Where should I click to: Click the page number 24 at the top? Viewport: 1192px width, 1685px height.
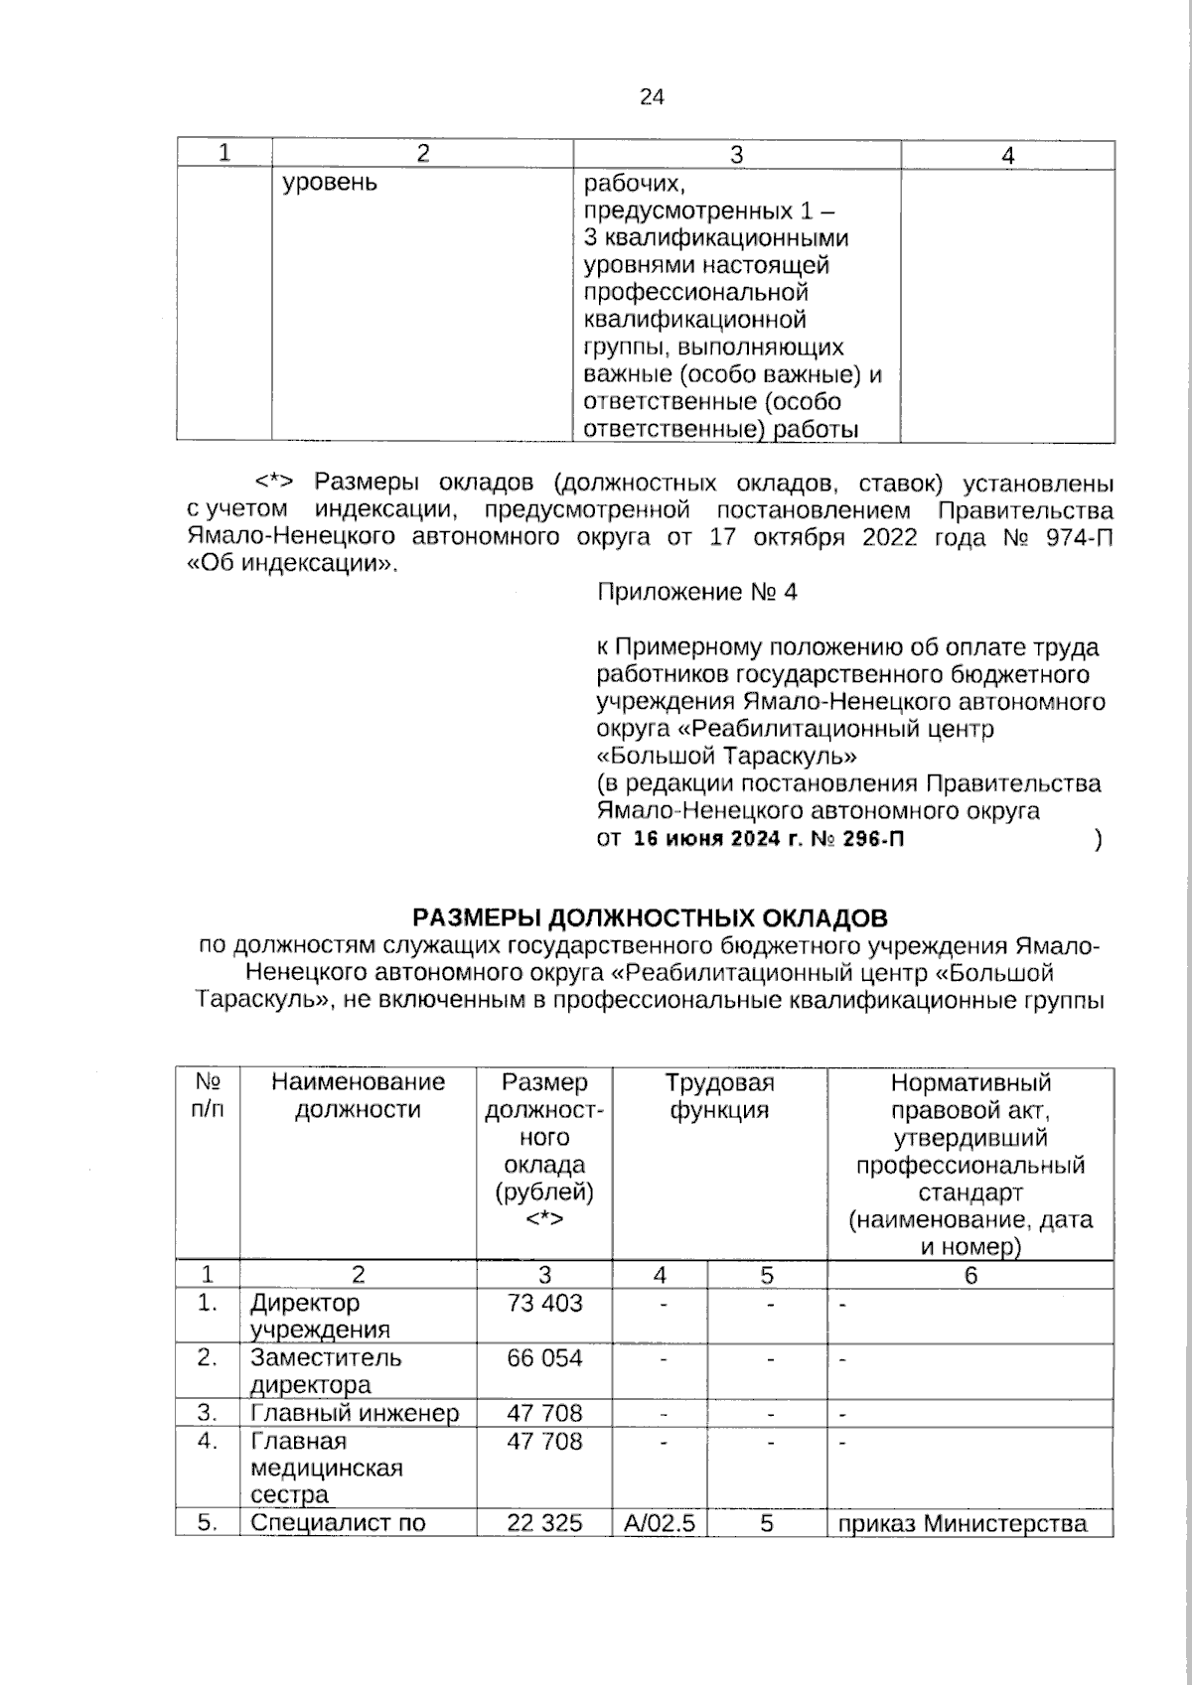(x=652, y=97)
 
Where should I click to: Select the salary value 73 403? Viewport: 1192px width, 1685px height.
(x=544, y=1303)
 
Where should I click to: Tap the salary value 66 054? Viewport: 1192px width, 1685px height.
(x=544, y=1357)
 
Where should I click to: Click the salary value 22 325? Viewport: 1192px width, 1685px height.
(x=544, y=1522)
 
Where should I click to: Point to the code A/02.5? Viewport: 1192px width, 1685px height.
(x=660, y=1522)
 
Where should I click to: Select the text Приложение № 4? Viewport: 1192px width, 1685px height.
(x=696, y=593)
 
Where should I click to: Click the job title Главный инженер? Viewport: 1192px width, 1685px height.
(x=354, y=1413)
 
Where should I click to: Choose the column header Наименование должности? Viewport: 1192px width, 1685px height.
(x=358, y=1095)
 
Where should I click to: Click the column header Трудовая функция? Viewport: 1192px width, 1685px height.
(x=719, y=1095)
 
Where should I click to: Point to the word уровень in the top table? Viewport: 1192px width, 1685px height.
(x=330, y=184)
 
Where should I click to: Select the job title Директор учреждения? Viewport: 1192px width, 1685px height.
(x=320, y=1316)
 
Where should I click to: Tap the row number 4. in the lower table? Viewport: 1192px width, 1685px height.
(x=207, y=1440)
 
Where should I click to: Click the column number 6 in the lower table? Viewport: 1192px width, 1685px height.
(x=970, y=1275)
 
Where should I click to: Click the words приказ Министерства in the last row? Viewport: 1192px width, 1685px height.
(x=962, y=1523)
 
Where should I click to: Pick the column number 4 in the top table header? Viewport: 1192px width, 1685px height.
(x=1007, y=155)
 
